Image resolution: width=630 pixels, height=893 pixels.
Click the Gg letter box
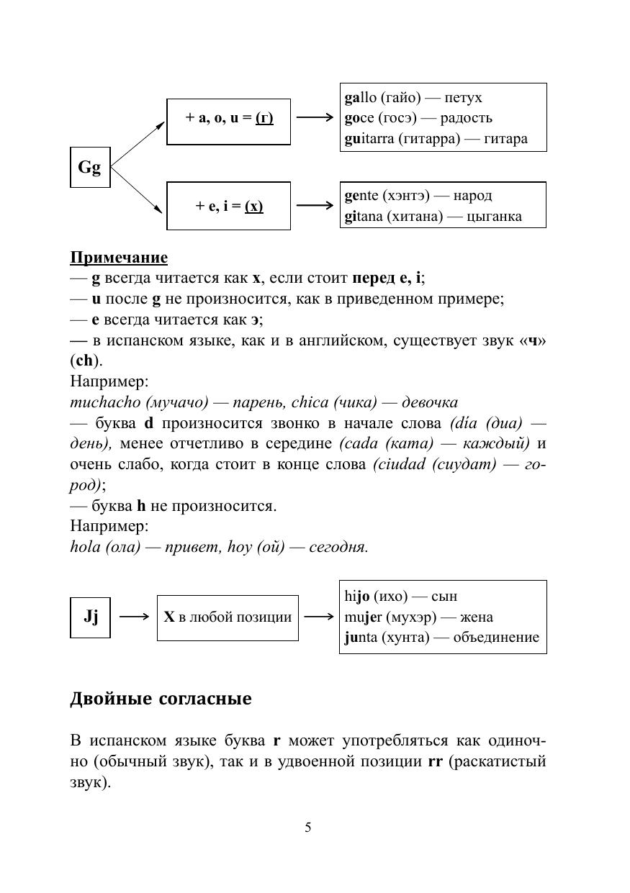(90, 167)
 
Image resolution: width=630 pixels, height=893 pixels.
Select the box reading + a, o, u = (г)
(228, 117)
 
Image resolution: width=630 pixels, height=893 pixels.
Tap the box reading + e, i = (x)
(228, 206)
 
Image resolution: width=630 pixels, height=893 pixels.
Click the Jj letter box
(90, 617)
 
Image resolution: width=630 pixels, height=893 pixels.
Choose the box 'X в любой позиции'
(228, 617)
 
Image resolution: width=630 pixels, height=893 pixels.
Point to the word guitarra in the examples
(369, 139)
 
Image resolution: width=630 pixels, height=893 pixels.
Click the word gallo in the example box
(361, 98)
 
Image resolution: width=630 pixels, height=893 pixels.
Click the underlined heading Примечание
(119, 258)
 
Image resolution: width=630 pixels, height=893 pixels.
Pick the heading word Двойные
(111, 699)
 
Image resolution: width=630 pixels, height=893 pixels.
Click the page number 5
(308, 828)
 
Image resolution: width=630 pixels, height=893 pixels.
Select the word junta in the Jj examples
(361, 638)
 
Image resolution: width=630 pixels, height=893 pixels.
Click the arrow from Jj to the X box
(134, 617)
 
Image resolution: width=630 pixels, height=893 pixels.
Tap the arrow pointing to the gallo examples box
(315, 117)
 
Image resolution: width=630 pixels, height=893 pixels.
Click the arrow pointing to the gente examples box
(315, 206)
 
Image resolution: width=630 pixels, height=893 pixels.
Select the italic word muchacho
(102, 402)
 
